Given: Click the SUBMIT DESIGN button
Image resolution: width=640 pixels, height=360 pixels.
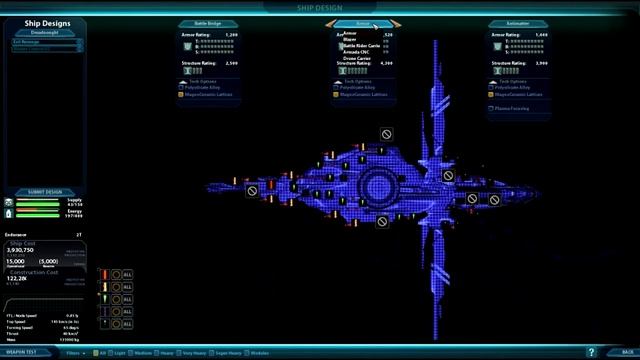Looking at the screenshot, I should pos(45,191).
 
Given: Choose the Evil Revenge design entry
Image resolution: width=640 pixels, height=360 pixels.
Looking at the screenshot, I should pos(28,42).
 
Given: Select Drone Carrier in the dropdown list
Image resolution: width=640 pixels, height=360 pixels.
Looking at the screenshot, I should pos(357,58).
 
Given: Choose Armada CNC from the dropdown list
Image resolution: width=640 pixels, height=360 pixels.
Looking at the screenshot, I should pos(356,51).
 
